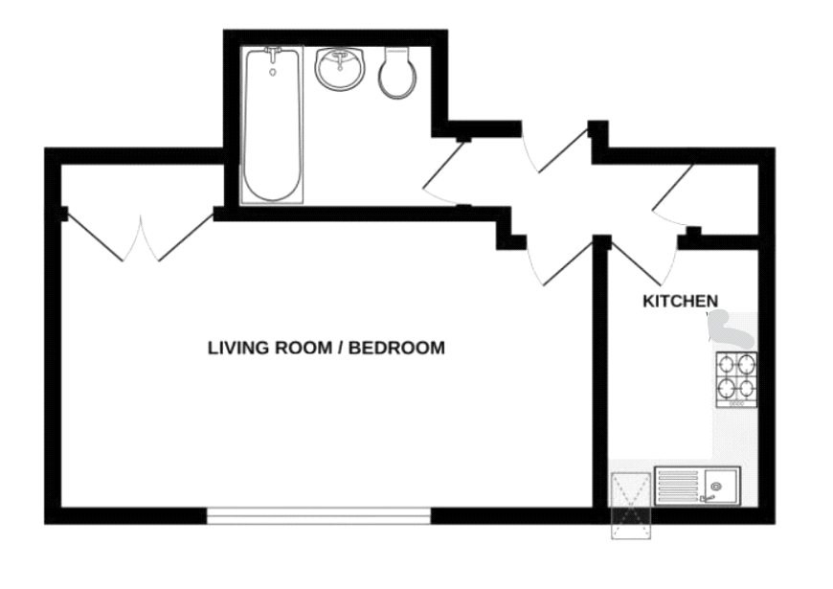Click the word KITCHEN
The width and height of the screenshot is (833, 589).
click(x=680, y=301)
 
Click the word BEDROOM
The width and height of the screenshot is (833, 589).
click(x=396, y=348)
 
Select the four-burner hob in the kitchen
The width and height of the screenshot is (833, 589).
click(x=735, y=378)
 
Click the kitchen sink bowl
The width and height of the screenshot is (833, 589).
click(x=716, y=487)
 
